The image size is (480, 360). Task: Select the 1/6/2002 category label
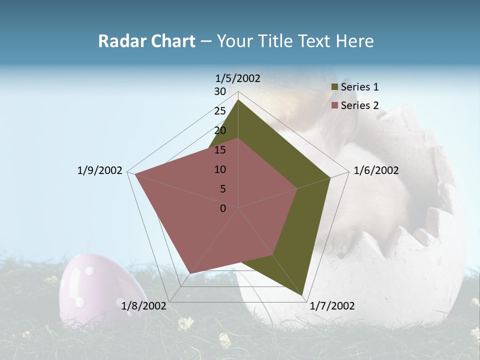(x=376, y=170)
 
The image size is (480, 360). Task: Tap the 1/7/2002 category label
(x=332, y=306)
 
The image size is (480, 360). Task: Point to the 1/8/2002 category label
(x=143, y=305)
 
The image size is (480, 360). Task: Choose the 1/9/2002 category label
(x=100, y=170)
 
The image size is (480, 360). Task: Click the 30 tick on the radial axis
(x=220, y=91)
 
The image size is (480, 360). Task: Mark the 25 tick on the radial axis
(x=220, y=111)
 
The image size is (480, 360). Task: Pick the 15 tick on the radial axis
(x=220, y=150)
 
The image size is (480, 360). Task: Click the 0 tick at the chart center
(x=223, y=208)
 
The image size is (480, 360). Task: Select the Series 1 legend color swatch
(x=335, y=87)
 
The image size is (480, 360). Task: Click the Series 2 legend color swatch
(x=335, y=105)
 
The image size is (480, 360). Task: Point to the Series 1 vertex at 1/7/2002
(x=302, y=295)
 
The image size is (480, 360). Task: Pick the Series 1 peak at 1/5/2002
(x=238, y=100)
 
